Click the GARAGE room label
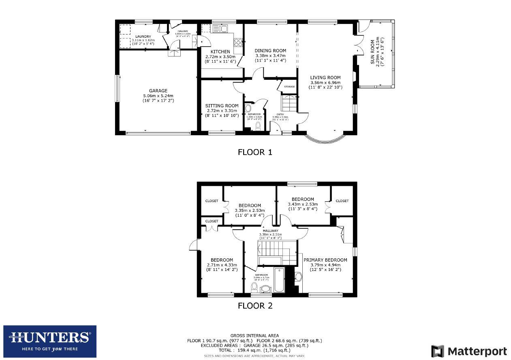(158, 91)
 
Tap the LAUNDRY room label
(143, 36)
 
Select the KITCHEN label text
(218, 52)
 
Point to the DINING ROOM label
(270, 51)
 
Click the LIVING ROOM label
(325, 78)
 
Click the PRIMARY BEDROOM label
(325, 260)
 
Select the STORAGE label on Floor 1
(289, 87)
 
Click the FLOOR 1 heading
(255, 152)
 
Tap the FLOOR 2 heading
(255, 306)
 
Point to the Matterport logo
(469, 351)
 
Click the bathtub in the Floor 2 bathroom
(280, 280)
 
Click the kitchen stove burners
(238, 42)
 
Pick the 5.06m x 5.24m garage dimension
(158, 96)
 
